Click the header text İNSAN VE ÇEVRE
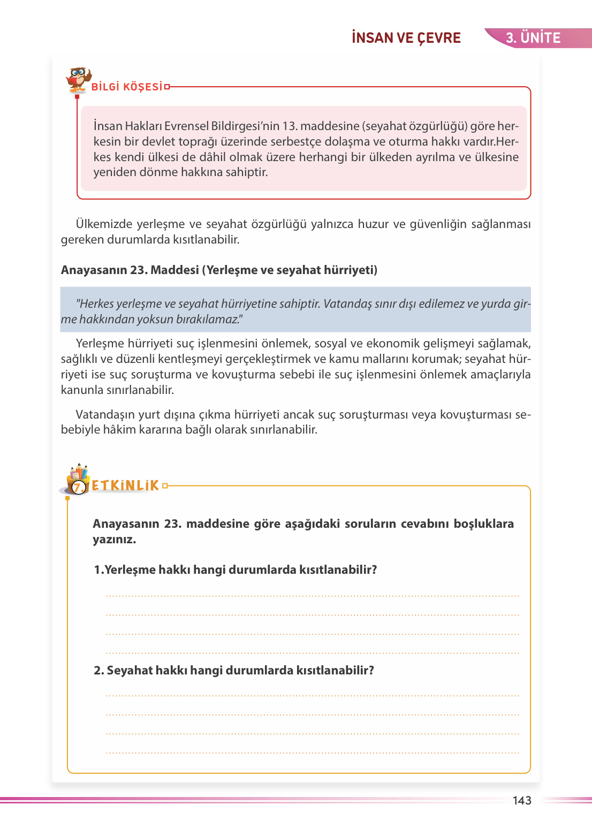point(406,38)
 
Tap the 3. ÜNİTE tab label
point(533,38)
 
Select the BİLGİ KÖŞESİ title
point(127,87)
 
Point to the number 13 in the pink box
point(289,126)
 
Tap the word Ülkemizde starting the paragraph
point(104,224)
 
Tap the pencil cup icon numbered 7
point(78,480)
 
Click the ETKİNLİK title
point(126,485)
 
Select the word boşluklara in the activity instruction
point(483,523)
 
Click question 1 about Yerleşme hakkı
point(236,570)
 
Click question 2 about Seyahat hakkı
point(234,670)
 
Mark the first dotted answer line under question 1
point(313,595)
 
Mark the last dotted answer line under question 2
point(313,753)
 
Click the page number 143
point(522,801)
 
